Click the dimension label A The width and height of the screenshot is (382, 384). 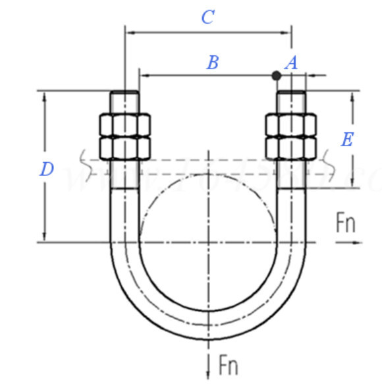tap(291, 63)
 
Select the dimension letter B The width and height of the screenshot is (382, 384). tap(212, 63)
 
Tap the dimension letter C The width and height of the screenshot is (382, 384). tap(207, 17)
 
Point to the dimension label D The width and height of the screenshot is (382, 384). tap(46, 169)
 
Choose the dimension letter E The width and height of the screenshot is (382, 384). tap(347, 139)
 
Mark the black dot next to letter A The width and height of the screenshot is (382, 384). tap(277, 76)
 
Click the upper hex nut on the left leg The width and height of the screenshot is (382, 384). tap(124, 124)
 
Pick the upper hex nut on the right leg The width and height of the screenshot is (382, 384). tap(290, 124)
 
